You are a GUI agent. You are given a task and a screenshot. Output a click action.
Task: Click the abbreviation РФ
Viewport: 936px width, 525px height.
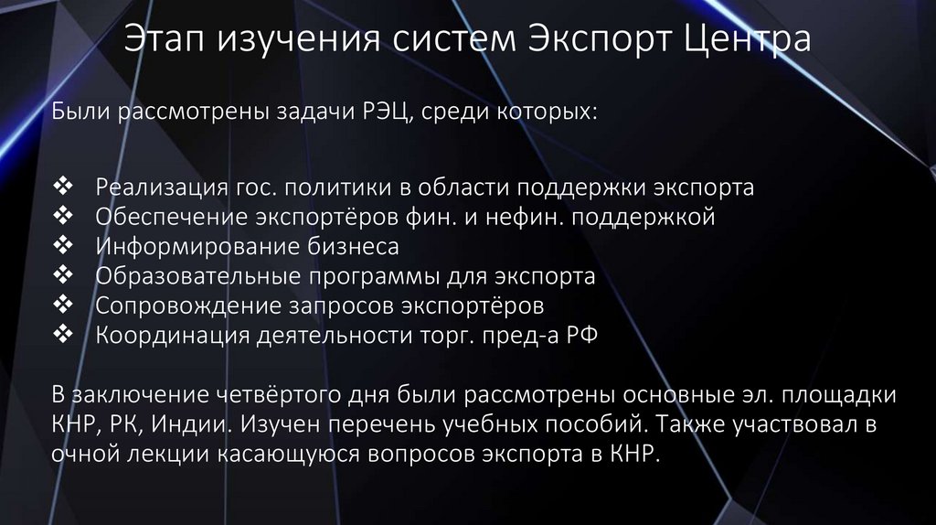coord(581,334)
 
